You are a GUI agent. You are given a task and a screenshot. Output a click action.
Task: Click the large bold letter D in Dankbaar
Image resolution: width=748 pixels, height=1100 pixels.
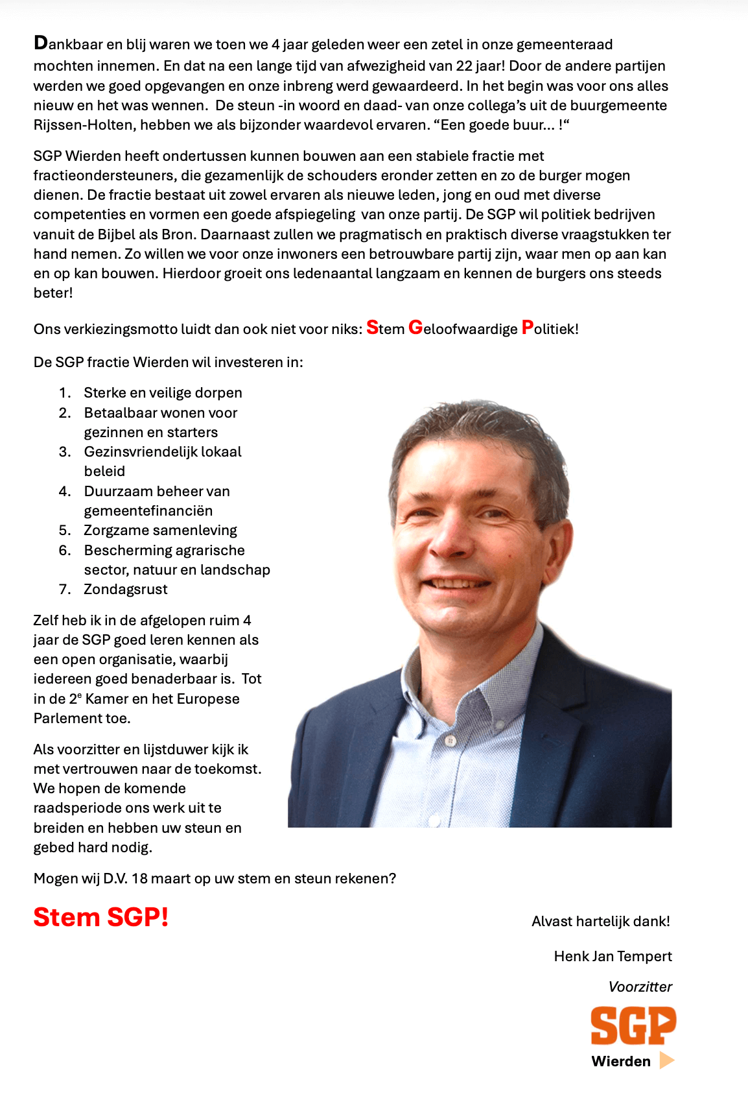click(41, 43)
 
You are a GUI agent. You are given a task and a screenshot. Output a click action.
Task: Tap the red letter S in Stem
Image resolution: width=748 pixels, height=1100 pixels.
click(372, 328)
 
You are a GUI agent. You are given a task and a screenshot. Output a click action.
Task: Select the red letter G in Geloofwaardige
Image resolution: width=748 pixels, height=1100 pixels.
click(415, 328)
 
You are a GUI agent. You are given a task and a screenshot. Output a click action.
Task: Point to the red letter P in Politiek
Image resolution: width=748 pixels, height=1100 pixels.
click(528, 328)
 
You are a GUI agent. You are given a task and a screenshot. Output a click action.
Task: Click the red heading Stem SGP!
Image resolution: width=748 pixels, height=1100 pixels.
click(101, 917)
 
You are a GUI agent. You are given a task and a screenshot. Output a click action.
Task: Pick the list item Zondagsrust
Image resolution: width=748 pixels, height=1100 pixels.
click(126, 589)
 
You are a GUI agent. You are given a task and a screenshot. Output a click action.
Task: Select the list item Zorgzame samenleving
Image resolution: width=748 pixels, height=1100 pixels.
click(160, 530)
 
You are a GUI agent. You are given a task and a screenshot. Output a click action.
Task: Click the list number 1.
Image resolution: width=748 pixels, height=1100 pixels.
click(64, 392)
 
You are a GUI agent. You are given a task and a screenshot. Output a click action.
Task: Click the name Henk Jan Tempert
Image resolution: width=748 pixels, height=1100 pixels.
click(613, 956)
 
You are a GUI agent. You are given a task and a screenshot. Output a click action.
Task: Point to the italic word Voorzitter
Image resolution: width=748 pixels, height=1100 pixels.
click(640, 986)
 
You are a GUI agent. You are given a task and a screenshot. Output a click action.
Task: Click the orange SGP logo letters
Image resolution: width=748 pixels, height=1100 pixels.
click(633, 1025)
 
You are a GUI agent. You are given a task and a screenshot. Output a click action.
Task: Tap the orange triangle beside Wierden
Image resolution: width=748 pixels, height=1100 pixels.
click(666, 1060)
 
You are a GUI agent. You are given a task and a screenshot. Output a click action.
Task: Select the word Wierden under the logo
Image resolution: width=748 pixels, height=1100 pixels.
click(621, 1061)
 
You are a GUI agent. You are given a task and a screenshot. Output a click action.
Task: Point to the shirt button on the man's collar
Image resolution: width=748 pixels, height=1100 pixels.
click(450, 740)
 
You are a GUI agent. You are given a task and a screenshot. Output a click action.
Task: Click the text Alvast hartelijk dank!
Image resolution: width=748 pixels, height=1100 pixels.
click(600, 921)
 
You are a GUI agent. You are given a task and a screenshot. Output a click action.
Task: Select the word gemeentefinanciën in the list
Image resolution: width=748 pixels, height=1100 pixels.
click(148, 510)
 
